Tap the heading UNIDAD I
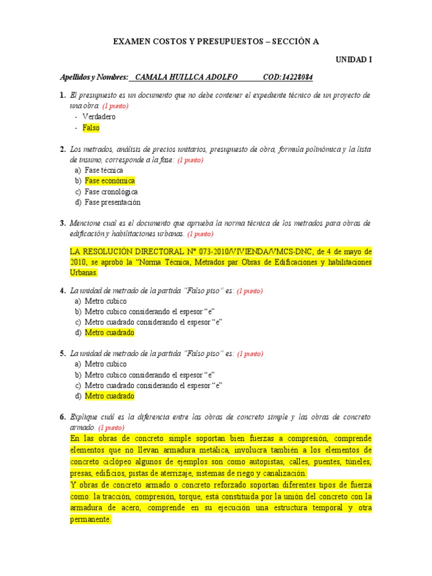pos(354,59)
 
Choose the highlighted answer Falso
pos(91,128)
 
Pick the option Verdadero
pos(98,116)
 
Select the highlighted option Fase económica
pos(110,181)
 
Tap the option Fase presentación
pos(112,202)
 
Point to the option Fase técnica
pos(104,170)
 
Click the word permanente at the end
pos(90,520)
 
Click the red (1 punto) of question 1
pos(115,106)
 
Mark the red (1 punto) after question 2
pos(190,160)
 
